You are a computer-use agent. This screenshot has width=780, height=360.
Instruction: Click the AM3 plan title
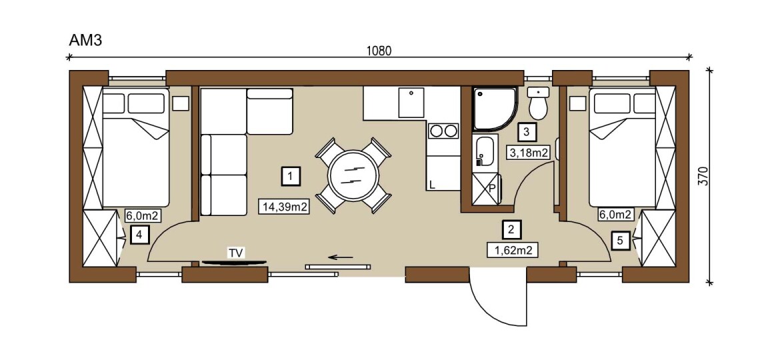tap(85, 40)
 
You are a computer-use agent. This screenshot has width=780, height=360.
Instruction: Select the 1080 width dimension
tap(379, 51)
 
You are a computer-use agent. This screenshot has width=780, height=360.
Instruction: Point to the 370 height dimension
tap(703, 176)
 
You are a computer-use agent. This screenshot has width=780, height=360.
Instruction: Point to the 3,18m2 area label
tap(527, 152)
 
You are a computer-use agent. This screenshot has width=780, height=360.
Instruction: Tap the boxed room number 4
tap(140, 234)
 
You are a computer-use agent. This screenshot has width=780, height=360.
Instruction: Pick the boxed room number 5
tap(619, 241)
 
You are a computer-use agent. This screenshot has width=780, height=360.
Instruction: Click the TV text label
tap(236, 253)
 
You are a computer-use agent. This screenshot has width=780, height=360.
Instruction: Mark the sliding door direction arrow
tap(341, 257)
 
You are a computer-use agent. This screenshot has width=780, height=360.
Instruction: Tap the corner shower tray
tap(495, 109)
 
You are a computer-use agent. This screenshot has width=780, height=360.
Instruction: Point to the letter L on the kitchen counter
tap(432, 185)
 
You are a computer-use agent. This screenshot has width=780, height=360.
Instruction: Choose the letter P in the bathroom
tap(492, 189)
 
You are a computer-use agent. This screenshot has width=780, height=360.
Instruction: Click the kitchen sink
tap(411, 103)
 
